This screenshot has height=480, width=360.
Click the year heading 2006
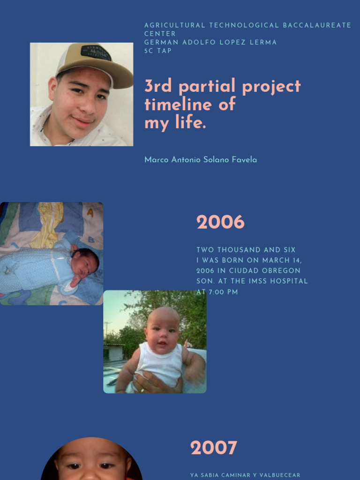[x=220, y=222]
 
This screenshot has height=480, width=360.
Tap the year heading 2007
[x=213, y=448]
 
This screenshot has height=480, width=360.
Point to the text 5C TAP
[x=158, y=51]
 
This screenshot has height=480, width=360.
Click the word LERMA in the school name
[x=264, y=42]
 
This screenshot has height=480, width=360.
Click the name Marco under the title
[x=157, y=160]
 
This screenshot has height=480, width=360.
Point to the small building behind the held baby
[x=113, y=352]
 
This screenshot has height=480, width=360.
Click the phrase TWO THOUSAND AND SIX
[x=246, y=250]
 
